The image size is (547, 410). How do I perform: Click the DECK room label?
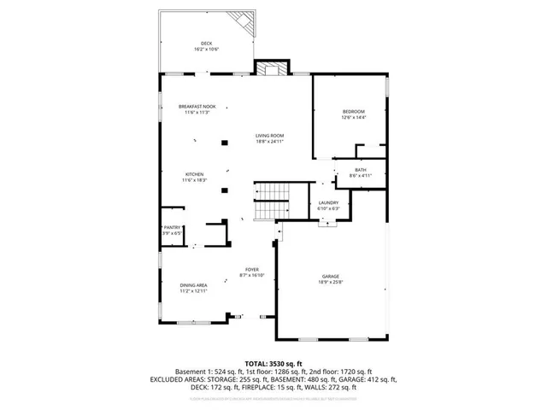pos(206,44)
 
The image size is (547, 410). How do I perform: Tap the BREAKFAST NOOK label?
pos(197,107)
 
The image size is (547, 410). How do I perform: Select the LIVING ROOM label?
pos(269,136)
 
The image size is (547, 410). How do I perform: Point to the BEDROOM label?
pos(354,112)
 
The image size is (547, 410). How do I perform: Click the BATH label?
pos(361,170)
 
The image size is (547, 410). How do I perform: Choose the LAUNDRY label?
pos(329,202)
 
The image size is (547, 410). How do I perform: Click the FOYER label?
pos(252,270)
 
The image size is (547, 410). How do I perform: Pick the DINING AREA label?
pos(194,285)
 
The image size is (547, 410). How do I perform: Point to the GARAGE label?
pos(331,276)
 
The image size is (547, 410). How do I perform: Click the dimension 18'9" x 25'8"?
pos(331,282)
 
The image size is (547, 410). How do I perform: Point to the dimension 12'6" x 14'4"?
pos(354,118)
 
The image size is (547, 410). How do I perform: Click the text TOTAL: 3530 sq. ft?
pos(273,363)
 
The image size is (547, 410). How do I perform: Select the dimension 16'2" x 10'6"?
pos(206,50)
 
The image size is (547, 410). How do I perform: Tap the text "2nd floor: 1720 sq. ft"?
pos(335,371)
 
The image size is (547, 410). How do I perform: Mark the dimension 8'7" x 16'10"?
pos(252,276)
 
